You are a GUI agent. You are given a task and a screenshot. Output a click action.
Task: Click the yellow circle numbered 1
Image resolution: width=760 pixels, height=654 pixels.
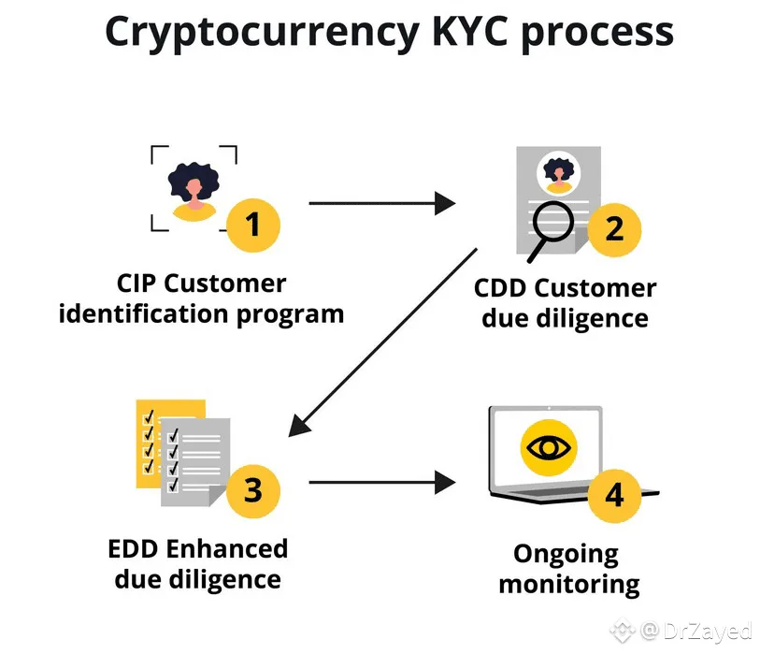(x=253, y=225)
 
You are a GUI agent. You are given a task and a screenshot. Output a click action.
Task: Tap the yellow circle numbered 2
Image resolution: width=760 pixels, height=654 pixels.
(x=614, y=228)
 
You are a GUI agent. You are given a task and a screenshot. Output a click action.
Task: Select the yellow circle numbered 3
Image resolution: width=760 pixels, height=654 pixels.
(x=253, y=489)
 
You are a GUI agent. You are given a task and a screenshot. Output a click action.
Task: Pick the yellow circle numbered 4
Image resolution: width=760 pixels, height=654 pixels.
(x=614, y=495)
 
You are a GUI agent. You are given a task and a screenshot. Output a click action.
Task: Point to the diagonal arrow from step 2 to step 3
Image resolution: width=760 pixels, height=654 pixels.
(x=383, y=342)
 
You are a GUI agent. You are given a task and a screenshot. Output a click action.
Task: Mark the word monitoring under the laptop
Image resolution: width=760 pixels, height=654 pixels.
(x=568, y=586)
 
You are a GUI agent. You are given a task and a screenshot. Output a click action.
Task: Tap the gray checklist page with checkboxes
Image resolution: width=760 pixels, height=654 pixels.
(x=191, y=458)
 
